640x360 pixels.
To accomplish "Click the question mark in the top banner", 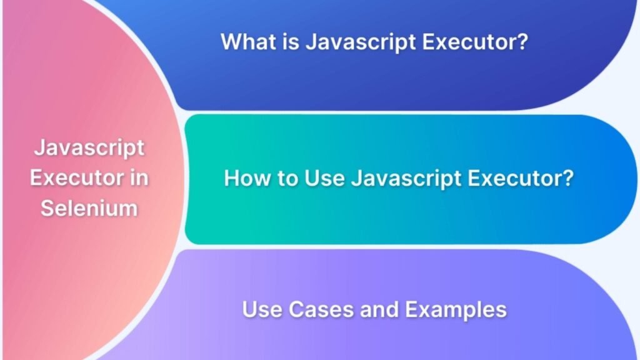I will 523,42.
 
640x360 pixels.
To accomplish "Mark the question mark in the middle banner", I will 569,179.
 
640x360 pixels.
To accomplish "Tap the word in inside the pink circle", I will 138,177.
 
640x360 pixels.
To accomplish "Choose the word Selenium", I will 89,207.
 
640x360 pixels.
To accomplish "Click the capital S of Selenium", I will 47,207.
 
